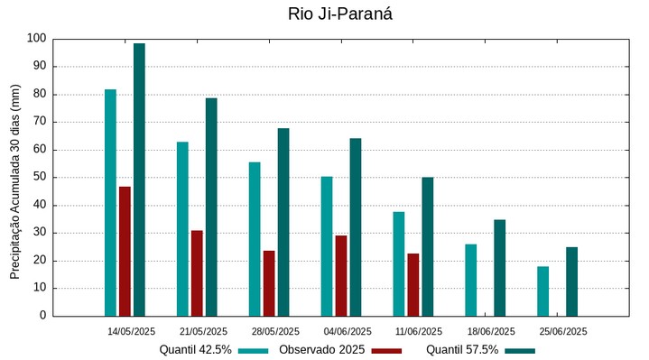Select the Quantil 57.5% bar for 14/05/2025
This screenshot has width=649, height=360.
tap(139, 180)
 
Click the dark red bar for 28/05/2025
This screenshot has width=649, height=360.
tap(269, 283)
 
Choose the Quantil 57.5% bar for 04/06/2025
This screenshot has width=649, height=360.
tap(356, 226)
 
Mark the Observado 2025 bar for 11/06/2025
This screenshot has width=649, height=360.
tap(413, 284)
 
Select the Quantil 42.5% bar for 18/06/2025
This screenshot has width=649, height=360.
tap(471, 280)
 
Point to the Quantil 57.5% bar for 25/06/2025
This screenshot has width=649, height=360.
tap(571, 282)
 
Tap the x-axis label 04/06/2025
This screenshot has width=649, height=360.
tap(348, 331)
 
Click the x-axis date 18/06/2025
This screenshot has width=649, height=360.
tap(491, 331)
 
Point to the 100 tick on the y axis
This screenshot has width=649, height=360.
tap(36, 39)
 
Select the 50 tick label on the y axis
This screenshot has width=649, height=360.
tap(39, 178)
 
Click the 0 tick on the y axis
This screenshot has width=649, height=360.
tap(42, 316)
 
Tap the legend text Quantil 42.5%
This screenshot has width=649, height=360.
tap(196, 350)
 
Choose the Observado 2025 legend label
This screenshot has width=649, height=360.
tap(320, 350)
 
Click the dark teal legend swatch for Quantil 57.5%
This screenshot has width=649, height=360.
tap(520, 350)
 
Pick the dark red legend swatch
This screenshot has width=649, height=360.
tap(386, 350)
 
